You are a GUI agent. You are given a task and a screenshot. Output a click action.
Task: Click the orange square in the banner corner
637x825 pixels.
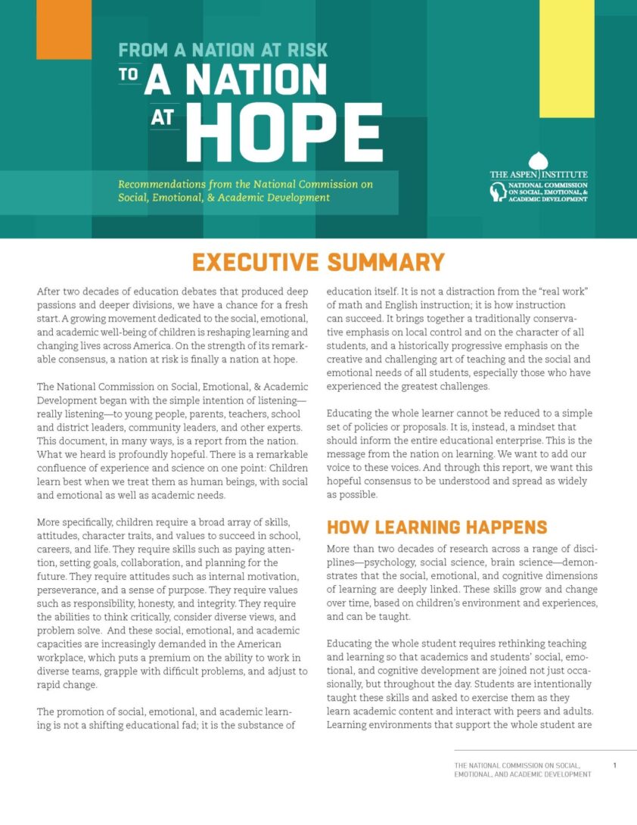64,29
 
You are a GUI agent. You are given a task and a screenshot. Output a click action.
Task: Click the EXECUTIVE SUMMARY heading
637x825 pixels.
318,262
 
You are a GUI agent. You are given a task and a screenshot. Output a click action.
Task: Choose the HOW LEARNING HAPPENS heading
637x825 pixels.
437,527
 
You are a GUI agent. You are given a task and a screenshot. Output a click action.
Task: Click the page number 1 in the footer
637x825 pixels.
614,765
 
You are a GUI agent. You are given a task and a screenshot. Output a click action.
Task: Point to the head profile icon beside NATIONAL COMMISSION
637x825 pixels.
499,193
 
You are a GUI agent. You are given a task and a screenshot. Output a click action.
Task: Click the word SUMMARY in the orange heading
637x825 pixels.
386,262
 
